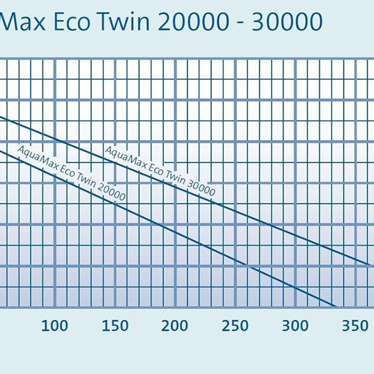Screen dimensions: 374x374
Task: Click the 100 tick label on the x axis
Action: pos(54,326)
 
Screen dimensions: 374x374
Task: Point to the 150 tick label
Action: pos(115,326)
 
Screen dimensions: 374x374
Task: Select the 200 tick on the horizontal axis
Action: pos(175,326)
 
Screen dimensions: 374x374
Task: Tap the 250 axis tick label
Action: pos(235,326)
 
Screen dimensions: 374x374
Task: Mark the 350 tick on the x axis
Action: pos(355,326)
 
